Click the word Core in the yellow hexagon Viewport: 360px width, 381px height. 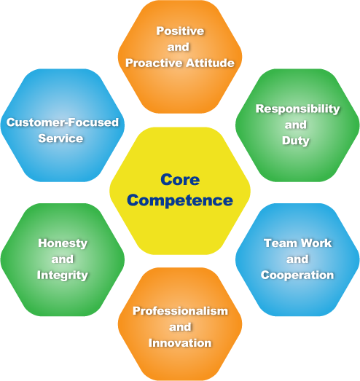180,179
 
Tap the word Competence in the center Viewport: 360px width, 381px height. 180,200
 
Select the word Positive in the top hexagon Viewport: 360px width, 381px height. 180,31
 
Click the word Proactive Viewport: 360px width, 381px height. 154,63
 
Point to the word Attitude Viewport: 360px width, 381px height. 210,63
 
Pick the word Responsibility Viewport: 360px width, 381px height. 297,109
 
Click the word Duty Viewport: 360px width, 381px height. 296,141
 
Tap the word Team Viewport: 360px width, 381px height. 281,243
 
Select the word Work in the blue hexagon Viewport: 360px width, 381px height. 316,243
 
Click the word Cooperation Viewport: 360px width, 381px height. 297,275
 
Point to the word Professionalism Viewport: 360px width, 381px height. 180,311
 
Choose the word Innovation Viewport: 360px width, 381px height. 180,343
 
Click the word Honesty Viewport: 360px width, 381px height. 63,243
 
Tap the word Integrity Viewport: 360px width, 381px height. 63,275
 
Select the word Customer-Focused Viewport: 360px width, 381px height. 63,122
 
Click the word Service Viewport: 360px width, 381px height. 60,138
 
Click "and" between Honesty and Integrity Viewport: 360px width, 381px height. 63,259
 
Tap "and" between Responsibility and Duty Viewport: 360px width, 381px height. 296,125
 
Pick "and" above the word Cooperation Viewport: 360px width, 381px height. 297,259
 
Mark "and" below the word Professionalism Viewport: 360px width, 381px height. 180,327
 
